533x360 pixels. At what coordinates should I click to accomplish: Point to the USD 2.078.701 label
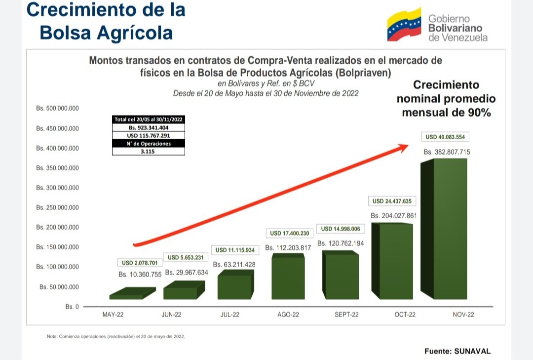click(140, 263)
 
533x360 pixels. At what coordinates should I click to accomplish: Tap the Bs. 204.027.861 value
click(394, 215)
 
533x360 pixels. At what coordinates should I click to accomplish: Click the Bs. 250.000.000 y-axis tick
click(58, 208)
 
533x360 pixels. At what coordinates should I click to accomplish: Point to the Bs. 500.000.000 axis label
click(58, 109)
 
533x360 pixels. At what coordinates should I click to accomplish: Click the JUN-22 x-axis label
click(171, 315)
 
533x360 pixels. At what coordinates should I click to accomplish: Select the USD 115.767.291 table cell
click(149, 135)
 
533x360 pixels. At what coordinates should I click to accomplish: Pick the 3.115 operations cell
click(149, 152)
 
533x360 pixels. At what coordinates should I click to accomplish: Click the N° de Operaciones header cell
click(149, 144)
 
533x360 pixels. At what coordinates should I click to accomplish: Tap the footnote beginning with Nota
click(115, 336)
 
